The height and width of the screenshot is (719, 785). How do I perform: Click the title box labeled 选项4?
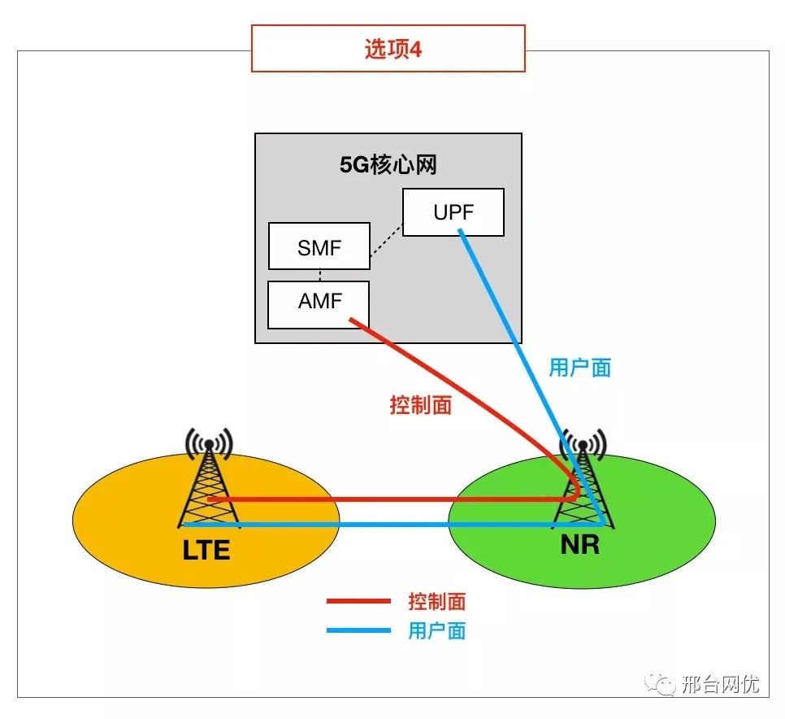click(388, 49)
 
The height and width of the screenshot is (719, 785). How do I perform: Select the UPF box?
click(453, 212)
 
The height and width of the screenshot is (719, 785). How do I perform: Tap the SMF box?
click(319, 246)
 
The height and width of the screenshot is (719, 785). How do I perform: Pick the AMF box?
click(319, 304)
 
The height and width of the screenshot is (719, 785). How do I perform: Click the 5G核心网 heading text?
click(388, 165)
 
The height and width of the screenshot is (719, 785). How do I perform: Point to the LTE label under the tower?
click(206, 550)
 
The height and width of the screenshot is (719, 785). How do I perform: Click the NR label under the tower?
click(579, 544)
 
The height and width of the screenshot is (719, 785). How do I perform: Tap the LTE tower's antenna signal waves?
click(209, 442)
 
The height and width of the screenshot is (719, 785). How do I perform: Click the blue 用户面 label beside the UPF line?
click(579, 368)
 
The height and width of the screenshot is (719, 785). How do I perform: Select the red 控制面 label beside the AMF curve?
click(420, 404)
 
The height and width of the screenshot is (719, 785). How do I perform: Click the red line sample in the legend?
click(358, 602)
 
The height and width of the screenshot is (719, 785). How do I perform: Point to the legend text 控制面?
click(436, 602)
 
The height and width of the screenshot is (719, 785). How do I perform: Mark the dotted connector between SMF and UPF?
click(386, 242)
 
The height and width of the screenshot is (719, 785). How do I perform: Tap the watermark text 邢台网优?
click(720, 685)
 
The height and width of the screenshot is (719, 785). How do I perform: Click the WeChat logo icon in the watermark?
click(660, 685)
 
